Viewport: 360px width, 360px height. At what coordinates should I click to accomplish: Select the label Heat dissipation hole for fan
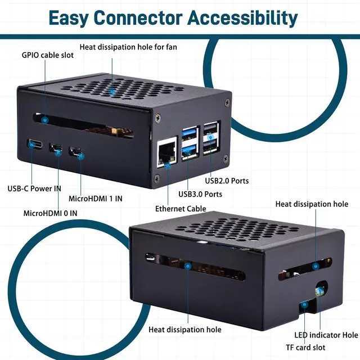[x=128, y=47]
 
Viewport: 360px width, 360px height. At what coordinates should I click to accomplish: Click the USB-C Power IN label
[x=34, y=188]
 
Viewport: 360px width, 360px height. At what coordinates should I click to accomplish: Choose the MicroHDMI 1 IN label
[x=95, y=198]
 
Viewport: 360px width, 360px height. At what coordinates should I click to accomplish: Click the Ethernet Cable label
[x=181, y=209]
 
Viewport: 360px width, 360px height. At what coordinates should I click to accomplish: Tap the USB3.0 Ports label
[x=200, y=194]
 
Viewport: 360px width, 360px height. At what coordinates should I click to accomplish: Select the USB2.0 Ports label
[x=227, y=181]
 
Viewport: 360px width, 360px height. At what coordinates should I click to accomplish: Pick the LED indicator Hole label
[x=326, y=335]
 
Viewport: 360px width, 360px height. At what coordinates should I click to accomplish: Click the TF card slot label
[x=305, y=348]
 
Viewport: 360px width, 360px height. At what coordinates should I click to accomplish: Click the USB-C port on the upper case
[x=35, y=144]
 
